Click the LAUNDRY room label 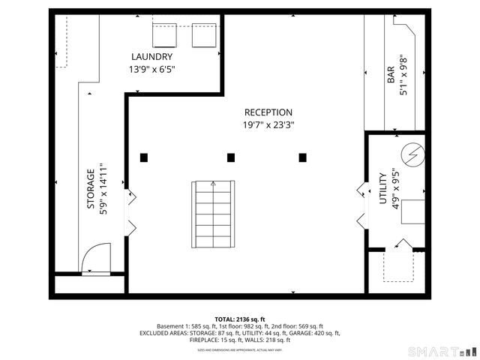tap(151, 57)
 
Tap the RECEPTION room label tap(268, 112)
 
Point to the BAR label tap(391, 75)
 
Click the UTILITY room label tap(382, 189)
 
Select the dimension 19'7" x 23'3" tap(268, 125)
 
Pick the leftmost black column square tap(144, 157)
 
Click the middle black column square tap(231, 157)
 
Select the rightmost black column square tap(302, 157)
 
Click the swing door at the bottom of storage tap(94, 260)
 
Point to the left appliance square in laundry tap(164, 34)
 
